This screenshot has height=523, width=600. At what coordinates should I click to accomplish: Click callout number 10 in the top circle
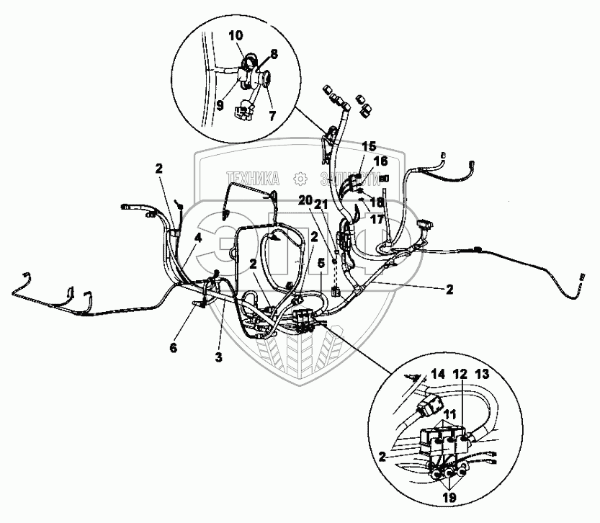click(x=237, y=35)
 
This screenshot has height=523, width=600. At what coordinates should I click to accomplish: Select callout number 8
click(x=274, y=53)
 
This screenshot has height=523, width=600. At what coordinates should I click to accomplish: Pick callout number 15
click(x=370, y=147)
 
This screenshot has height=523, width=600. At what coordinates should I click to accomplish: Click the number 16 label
click(x=381, y=161)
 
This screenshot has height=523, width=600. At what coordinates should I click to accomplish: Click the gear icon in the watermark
click(x=298, y=176)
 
